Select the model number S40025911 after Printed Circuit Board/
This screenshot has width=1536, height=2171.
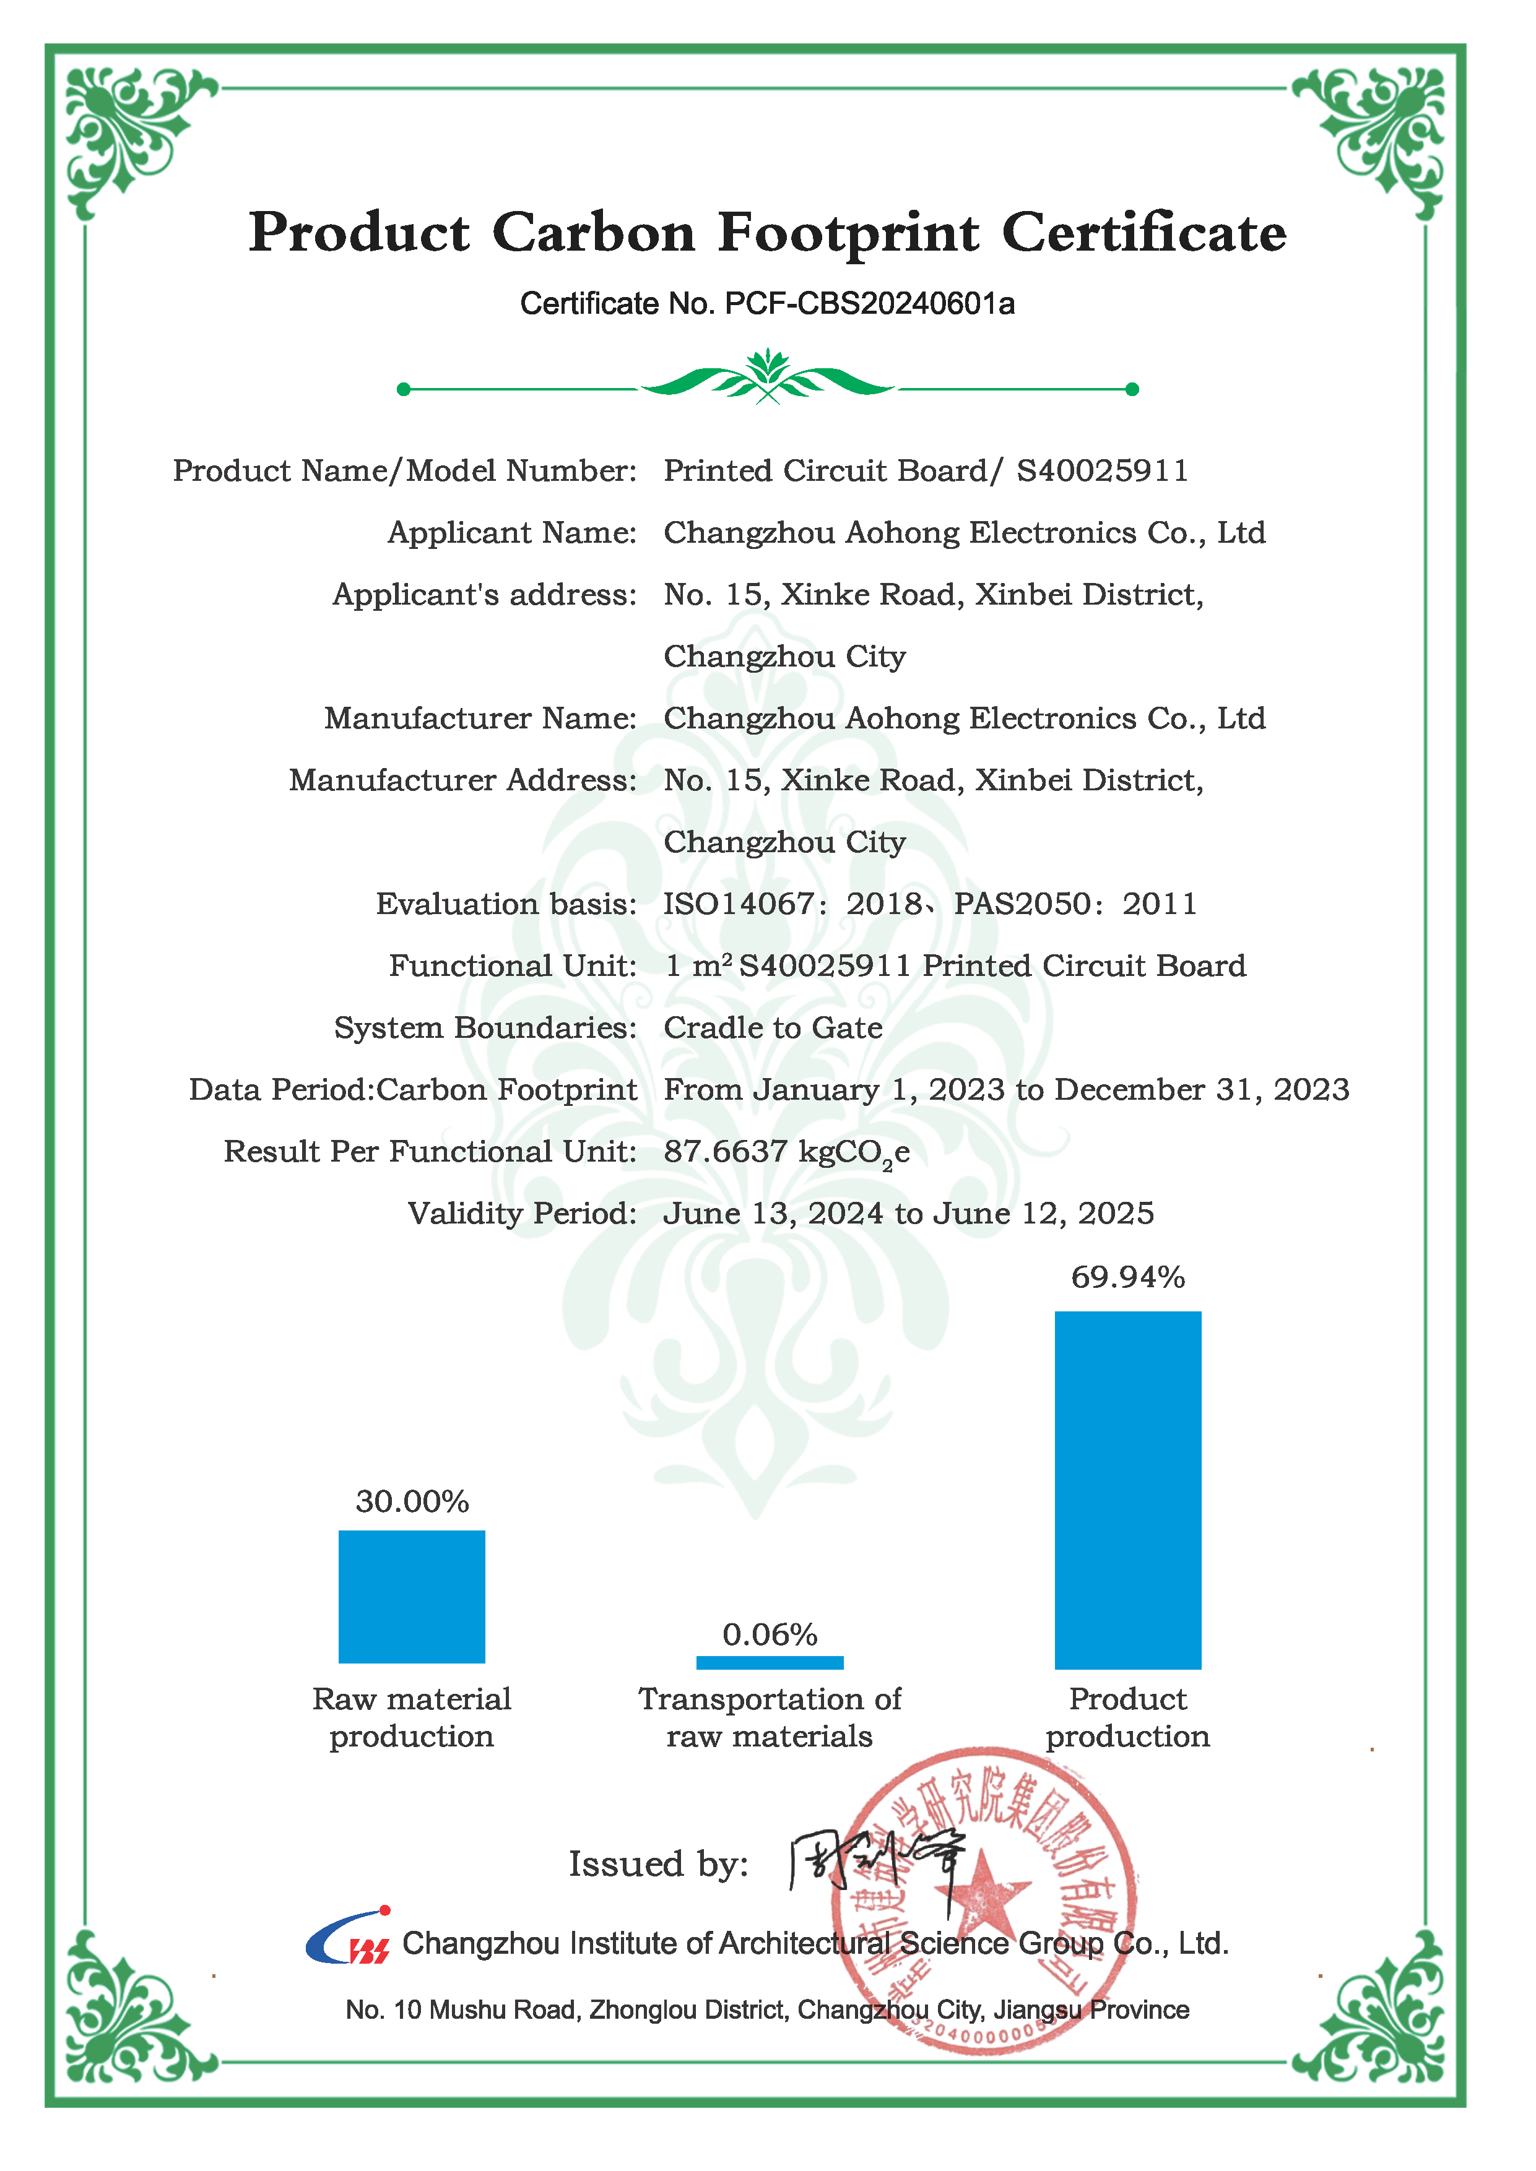click(x=1102, y=471)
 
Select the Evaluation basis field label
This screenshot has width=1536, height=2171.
click(x=506, y=904)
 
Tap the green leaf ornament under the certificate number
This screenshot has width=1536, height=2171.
click(x=768, y=378)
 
